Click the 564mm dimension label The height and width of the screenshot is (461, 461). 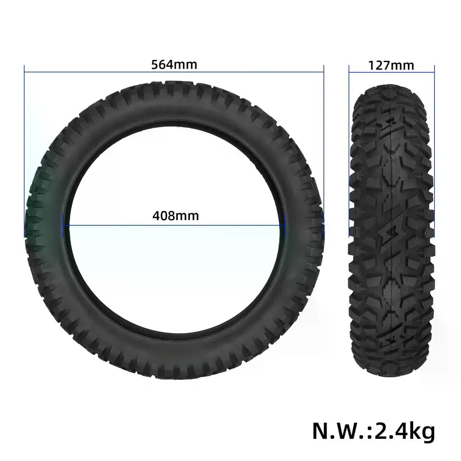pyautogui.click(x=174, y=64)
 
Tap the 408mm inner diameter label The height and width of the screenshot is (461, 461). pyautogui.click(x=175, y=215)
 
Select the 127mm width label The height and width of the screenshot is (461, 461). pyautogui.click(x=391, y=65)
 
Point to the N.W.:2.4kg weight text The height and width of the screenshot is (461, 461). pyautogui.click(x=373, y=431)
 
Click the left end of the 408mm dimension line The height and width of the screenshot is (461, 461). pyautogui.click(x=64, y=225)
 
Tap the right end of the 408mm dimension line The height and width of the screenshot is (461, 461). pyautogui.click(x=285, y=225)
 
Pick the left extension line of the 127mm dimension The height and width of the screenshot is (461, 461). pyautogui.click(x=349, y=74)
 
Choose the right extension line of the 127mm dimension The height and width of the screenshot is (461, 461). pyautogui.click(x=434, y=74)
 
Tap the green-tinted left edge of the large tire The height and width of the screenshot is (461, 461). pyautogui.click(x=35, y=207)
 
